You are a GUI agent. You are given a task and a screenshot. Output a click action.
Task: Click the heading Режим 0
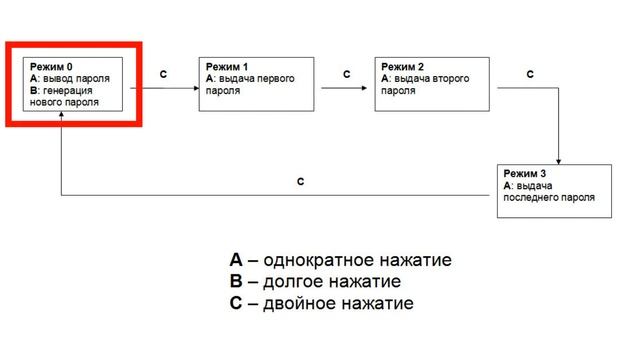[x=51, y=65]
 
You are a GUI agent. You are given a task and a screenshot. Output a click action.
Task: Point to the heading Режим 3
[x=525, y=173]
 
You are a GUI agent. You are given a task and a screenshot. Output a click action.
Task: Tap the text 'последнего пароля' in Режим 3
[x=550, y=197]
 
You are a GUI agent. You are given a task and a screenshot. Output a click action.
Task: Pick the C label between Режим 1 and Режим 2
[x=347, y=74]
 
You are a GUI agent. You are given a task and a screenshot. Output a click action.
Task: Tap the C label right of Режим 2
[x=530, y=74]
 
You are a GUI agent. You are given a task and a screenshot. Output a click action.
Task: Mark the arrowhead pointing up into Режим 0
[x=62, y=116]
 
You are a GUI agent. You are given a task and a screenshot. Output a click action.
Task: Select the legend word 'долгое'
[x=297, y=282]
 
